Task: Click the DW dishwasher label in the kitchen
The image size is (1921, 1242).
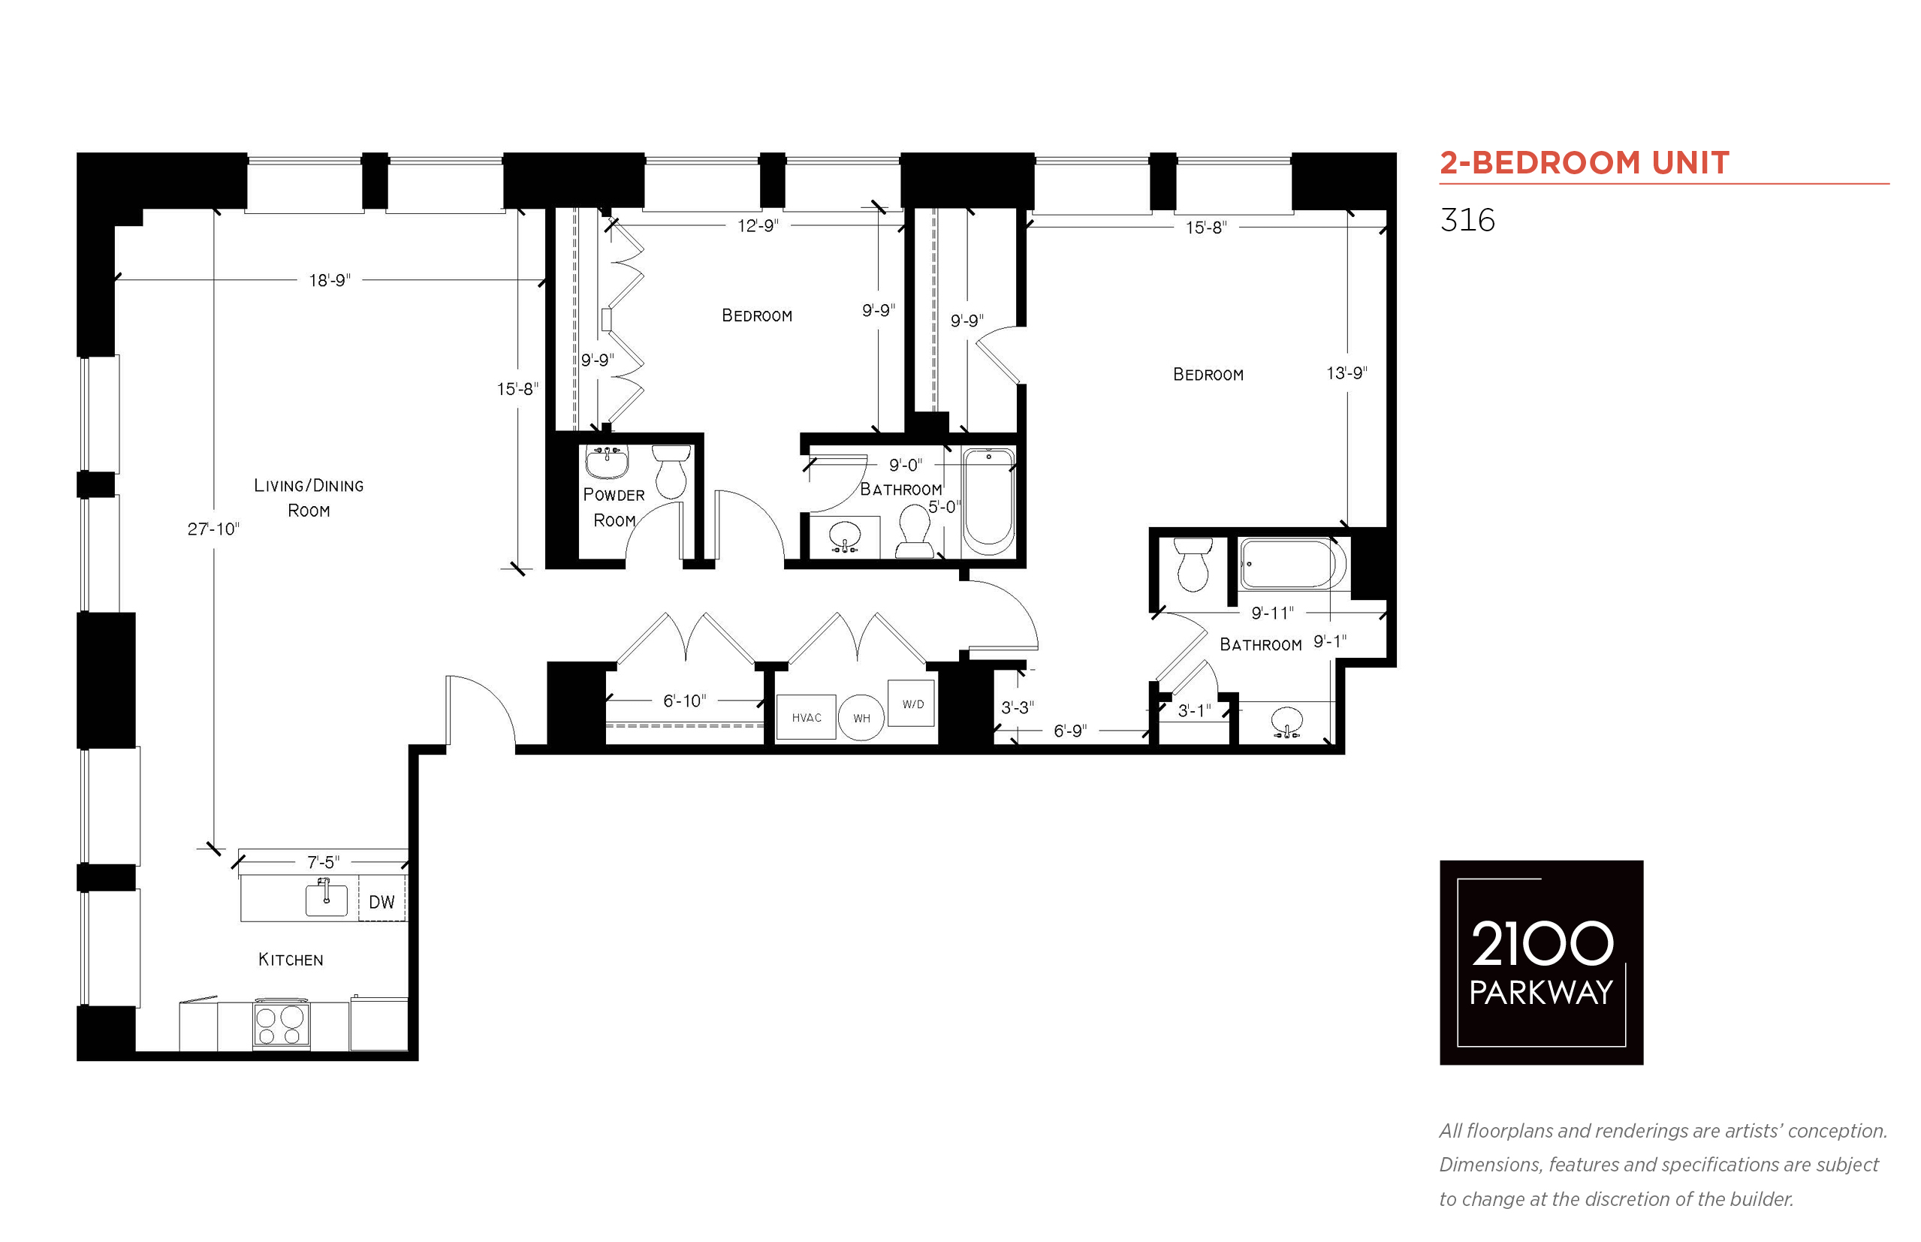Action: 381,902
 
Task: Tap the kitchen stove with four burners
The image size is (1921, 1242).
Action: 280,1024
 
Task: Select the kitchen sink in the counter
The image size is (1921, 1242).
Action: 326,897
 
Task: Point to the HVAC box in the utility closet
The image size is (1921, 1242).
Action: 806,717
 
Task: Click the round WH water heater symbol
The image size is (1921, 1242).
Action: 861,717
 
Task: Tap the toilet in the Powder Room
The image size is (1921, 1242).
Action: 671,471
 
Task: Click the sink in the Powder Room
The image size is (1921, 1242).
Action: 608,461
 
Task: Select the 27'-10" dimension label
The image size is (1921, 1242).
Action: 214,529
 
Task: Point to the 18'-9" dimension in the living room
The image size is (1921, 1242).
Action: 330,280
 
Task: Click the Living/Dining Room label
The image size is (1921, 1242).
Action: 309,498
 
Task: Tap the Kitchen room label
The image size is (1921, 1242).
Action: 291,959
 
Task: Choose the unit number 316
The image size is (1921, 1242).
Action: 1467,220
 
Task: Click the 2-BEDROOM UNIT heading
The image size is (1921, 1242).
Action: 1584,163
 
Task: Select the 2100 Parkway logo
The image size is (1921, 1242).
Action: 1541,962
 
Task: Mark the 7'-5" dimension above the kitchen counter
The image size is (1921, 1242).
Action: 324,862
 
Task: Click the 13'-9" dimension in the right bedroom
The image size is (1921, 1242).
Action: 1347,372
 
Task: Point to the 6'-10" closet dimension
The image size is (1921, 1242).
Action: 685,701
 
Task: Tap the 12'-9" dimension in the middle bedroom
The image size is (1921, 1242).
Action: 758,226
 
